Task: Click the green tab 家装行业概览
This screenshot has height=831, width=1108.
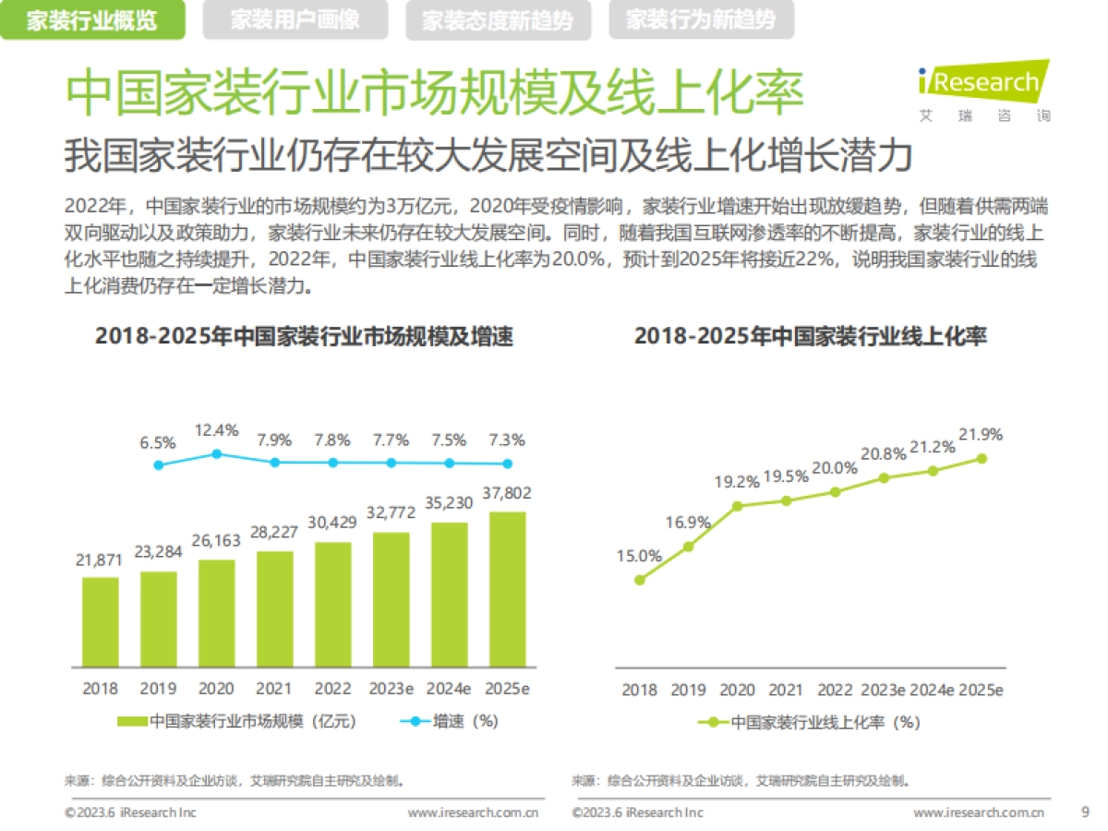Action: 91,20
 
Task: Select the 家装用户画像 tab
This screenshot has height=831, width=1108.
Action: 295,20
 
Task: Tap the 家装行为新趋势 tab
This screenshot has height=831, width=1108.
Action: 701,20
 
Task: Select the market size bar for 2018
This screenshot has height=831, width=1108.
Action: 101,621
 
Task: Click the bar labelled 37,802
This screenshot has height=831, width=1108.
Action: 507,589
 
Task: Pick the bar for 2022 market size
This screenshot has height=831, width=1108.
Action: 332,604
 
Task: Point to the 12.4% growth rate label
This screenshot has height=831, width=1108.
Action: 217,430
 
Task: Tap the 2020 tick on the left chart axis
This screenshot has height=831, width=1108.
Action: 216,689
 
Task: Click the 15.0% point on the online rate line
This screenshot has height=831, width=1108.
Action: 639,580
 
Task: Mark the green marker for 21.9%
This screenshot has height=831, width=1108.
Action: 982,458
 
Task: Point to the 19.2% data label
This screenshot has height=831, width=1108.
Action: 736,482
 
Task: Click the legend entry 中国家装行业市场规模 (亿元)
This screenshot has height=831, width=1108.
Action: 237,721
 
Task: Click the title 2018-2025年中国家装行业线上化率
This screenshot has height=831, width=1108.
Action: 810,336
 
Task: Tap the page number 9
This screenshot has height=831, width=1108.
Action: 1084,813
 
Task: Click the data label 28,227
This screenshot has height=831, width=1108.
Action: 275,533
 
